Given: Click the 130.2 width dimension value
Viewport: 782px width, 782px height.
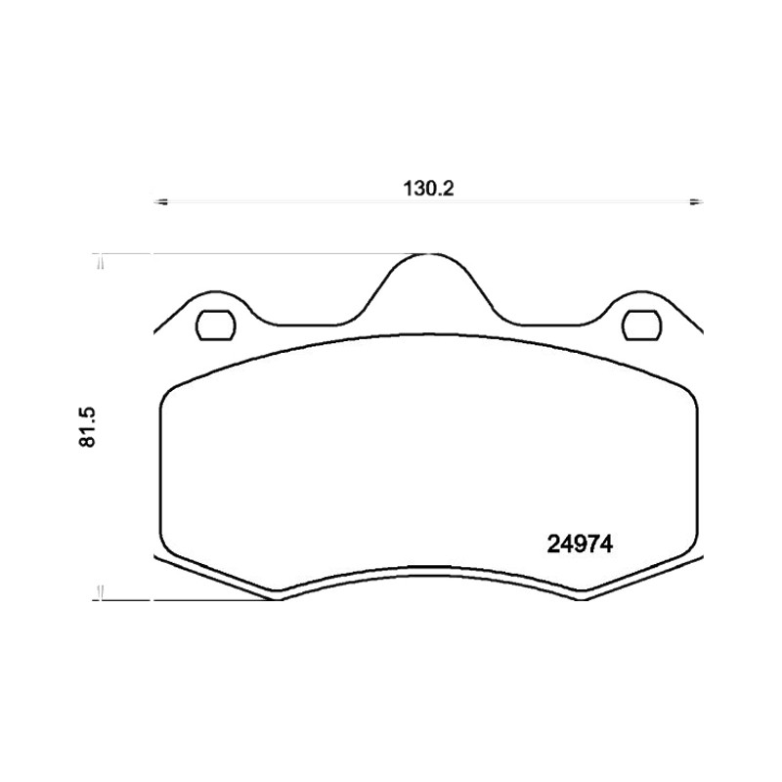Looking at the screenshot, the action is (428, 190).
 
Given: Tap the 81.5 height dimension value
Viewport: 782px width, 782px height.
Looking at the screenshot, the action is (87, 427).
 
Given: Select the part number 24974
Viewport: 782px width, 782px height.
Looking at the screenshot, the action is (580, 544).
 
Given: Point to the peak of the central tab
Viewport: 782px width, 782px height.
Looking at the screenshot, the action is (429, 254).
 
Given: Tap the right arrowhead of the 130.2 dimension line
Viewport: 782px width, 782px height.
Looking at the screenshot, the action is (696, 201).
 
